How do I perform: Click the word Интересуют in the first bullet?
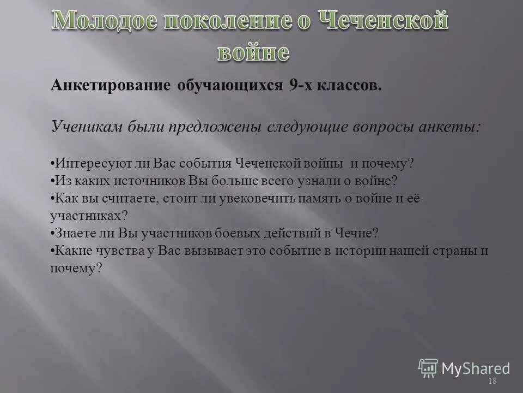click(86, 163)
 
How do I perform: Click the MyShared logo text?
click(476, 368)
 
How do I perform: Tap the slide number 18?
click(493, 381)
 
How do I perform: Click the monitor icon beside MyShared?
click(428, 367)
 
